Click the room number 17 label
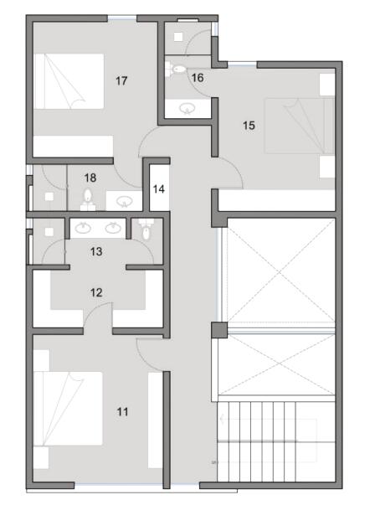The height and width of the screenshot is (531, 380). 121,81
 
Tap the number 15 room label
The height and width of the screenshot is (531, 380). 249,126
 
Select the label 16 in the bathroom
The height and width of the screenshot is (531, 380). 198,78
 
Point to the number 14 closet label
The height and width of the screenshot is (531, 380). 159,189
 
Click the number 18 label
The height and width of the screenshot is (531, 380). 90,178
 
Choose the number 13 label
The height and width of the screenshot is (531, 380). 96,251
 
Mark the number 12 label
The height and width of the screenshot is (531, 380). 96,292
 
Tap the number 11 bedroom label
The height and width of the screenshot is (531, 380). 122,412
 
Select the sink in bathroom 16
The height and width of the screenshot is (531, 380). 187,108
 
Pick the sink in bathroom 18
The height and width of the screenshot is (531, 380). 124,202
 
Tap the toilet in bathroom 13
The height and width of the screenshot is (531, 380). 146,229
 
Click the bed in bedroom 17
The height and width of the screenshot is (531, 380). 69,81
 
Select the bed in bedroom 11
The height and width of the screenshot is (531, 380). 69,409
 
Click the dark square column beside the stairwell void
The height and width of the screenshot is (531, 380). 219,330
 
